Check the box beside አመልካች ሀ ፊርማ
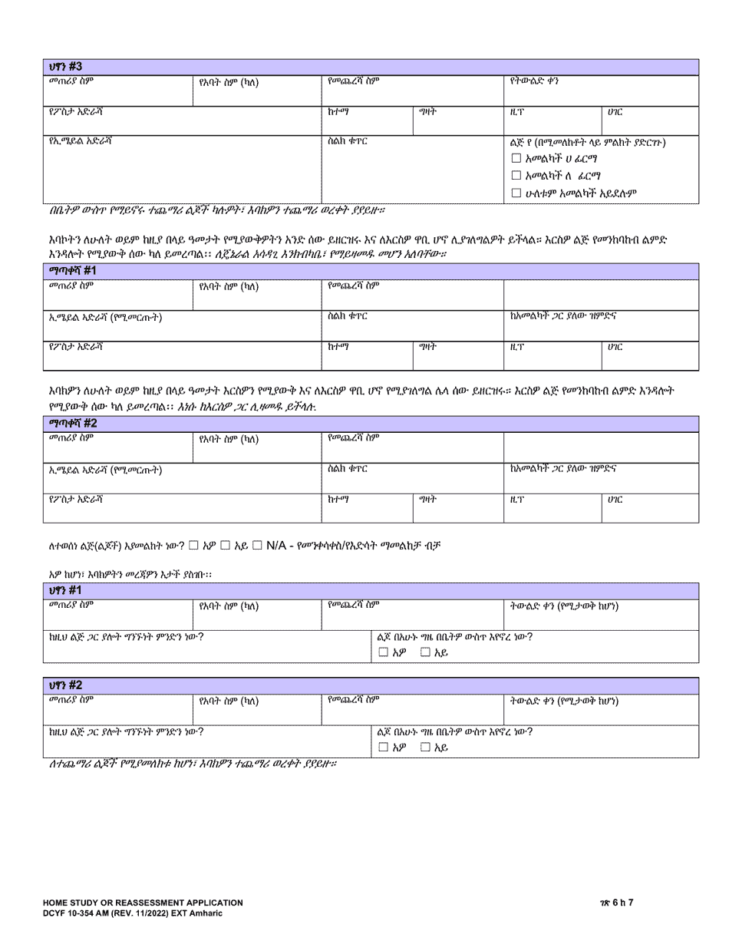click(x=516, y=159)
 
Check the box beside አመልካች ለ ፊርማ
click(x=516, y=176)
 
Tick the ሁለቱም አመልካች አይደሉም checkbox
click(x=516, y=193)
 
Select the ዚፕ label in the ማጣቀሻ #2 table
click(x=516, y=499)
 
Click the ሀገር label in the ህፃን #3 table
click(x=615, y=112)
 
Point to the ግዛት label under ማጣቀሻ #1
click(x=427, y=347)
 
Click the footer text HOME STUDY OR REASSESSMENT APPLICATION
click(x=143, y=903)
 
